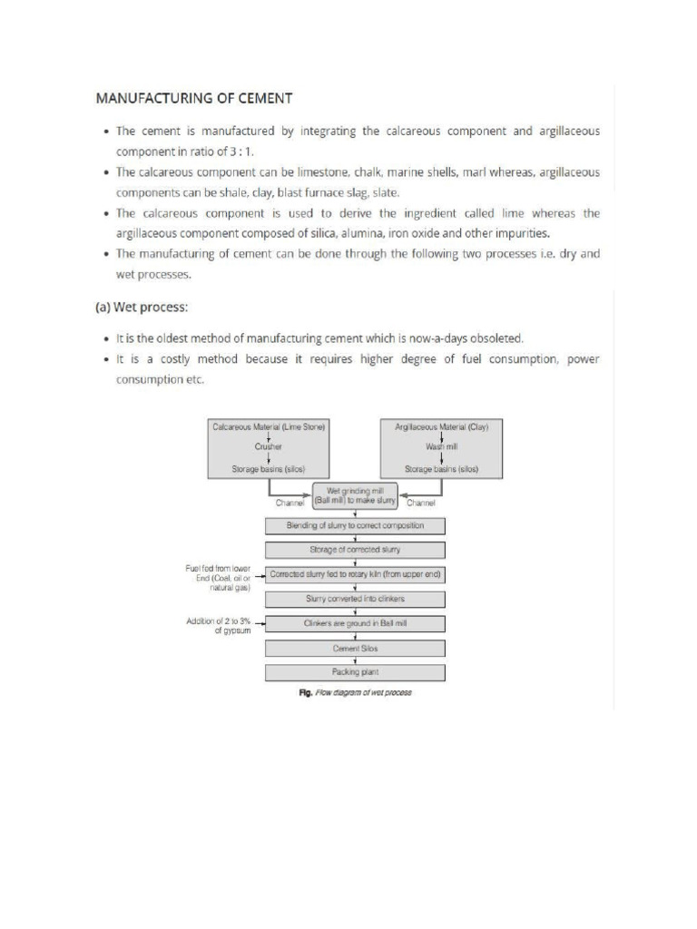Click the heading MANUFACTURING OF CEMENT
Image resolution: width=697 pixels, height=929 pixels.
click(194, 97)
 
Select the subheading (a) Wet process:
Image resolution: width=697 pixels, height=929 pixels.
click(142, 307)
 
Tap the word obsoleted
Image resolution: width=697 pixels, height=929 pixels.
click(496, 337)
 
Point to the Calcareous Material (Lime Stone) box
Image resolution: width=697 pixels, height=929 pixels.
click(268, 447)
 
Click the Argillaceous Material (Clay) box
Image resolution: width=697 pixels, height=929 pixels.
click(441, 447)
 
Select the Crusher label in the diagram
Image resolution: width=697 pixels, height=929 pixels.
click(268, 446)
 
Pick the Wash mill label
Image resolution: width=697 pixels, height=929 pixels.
click(441, 446)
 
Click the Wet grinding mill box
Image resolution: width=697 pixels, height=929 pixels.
click(354, 496)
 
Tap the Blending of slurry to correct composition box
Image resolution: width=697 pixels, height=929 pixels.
click(354, 525)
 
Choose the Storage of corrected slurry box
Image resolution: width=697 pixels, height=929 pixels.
click(354, 550)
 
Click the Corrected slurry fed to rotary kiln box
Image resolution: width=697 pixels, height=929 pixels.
click(354, 574)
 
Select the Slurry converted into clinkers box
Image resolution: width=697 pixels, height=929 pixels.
click(354, 599)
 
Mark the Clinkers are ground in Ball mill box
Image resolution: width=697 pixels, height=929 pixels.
click(354, 623)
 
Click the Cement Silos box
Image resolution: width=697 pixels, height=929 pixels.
click(354, 648)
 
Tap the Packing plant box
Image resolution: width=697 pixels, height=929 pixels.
click(354, 672)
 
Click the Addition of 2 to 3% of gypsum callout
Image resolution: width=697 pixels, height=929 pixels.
click(219, 626)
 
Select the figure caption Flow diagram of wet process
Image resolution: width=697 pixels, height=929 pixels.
click(355, 692)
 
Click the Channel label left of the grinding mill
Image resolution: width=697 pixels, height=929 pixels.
click(290, 503)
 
